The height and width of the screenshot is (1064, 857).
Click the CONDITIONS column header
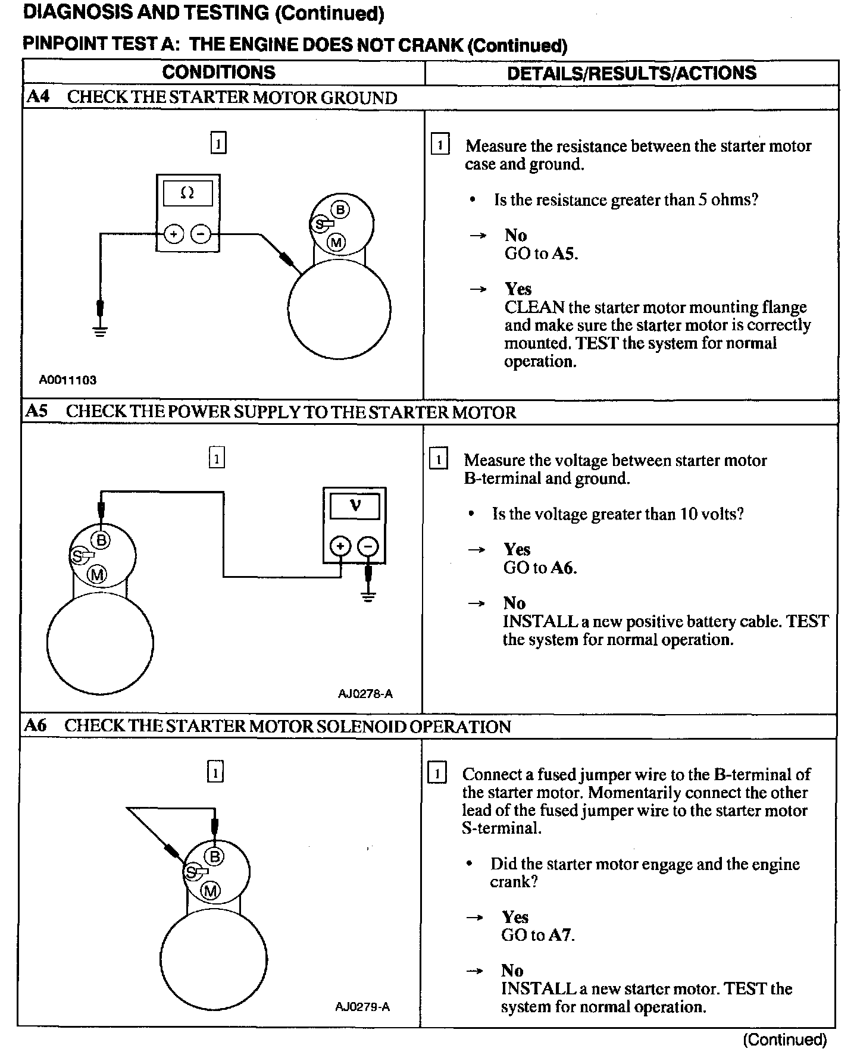point(218,73)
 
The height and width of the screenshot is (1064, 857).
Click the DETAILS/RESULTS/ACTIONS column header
point(631,73)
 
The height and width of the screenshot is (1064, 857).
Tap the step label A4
point(38,97)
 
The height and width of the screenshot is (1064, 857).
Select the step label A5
point(37,411)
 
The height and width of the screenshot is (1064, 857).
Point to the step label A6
point(36,725)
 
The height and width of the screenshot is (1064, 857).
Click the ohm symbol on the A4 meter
point(187,193)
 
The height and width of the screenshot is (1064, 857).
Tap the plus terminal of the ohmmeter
point(174,234)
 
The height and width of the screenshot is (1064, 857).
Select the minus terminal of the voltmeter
point(368,546)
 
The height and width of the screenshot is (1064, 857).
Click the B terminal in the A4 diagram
point(340,210)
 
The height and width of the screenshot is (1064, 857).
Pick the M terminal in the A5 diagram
point(97,574)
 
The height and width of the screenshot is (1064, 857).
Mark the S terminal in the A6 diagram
point(191,872)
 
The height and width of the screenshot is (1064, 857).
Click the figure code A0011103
point(68,380)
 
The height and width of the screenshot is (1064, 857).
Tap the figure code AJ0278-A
point(365,693)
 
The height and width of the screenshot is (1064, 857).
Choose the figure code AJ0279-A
point(362,1007)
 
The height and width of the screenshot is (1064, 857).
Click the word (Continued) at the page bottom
point(785,1040)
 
